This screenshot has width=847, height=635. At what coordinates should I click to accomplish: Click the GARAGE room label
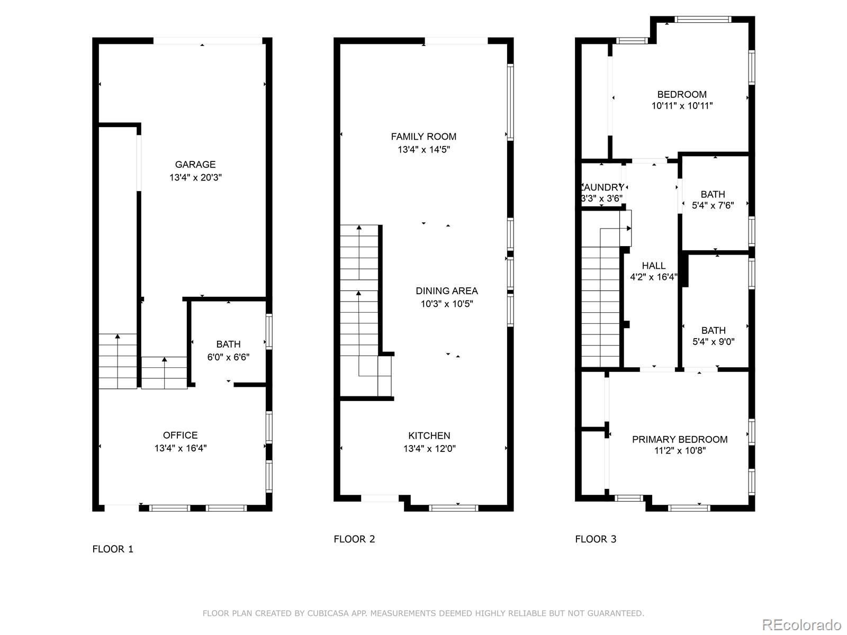[195, 165]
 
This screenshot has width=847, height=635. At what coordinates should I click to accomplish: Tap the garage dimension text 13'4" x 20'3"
[195, 177]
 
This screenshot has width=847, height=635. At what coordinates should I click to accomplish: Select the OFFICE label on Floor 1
[180, 435]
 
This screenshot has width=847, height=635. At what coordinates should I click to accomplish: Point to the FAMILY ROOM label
[424, 137]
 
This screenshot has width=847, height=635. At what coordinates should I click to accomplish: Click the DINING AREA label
[446, 291]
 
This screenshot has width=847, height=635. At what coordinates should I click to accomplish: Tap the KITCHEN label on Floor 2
[429, 436]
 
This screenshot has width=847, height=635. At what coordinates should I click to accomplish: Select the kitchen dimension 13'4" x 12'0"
[429, 449]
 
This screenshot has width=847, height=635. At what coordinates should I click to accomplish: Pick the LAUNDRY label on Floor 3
[602, 187]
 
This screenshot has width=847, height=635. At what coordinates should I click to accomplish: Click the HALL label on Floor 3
[653, 266]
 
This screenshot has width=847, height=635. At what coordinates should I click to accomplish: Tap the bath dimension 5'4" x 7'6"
[713, 205]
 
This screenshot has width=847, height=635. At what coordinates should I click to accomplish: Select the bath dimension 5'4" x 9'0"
[713, 342]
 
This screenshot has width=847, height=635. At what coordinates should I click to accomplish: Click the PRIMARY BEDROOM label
[680, 439]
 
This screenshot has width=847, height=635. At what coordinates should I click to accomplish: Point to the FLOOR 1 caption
[113, 549]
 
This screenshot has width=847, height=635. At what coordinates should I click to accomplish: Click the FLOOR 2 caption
[354, 539]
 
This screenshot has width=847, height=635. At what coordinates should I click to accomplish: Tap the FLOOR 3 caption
[596, 539]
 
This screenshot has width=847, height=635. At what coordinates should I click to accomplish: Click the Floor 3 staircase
[601, 307]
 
